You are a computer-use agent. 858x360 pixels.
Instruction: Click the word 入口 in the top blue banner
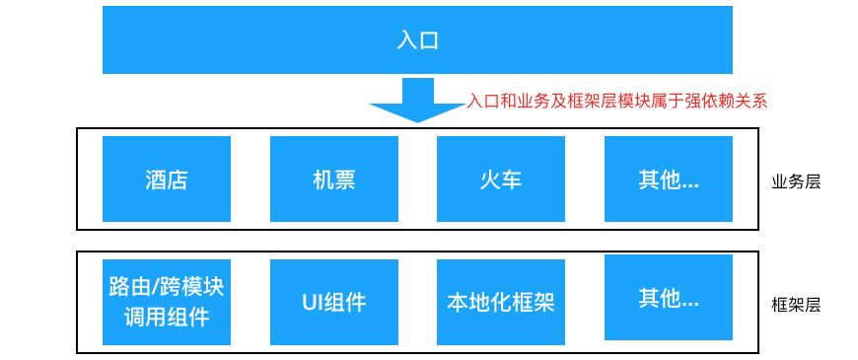(417, 40)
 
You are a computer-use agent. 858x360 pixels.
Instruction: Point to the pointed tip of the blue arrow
(417, 121)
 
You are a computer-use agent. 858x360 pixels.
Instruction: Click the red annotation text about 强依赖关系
(616, 100)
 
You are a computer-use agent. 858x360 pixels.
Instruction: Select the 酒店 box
(167, 179)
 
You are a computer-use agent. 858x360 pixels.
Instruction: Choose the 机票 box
(333, 179)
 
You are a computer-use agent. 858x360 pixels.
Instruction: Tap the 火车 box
(501, 179)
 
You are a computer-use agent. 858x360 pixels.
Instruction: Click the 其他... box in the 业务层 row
(668, 179)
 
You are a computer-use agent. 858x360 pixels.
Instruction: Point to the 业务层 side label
(796, 181)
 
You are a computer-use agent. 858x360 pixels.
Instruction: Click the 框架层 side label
(796, 305)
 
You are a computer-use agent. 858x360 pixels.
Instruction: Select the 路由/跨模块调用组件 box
(167, 302)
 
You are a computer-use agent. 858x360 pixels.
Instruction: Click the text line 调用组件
(167, 317)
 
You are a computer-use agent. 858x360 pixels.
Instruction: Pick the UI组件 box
(333, 302)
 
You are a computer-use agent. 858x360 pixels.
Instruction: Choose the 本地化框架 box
(501, 302)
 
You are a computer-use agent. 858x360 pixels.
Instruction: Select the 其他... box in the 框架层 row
(668, 297)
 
